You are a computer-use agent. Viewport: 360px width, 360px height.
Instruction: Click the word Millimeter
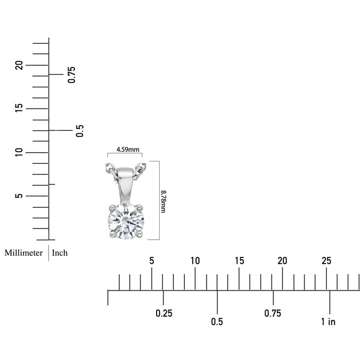(x=24, y=252)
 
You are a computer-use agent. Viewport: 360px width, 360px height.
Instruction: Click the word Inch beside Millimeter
(x=60, y=252)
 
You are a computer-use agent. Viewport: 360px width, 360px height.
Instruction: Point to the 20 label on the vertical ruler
(x=19, y=65)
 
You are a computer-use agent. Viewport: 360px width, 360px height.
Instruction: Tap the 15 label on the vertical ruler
(x=19, y=108)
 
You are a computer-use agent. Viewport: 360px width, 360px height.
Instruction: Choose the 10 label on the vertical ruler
(x=19, y=152)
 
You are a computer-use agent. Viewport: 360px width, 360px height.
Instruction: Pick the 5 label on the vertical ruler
(x=19, y=196)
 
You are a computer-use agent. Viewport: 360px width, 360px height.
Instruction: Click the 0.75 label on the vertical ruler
(x=72, y=74)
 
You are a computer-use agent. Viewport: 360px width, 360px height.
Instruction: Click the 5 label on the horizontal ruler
(x=152, y=261)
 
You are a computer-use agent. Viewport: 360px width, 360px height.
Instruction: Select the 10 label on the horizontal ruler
(x=195, y=261)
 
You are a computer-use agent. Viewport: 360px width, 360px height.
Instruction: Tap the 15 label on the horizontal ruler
(x=239, y=261)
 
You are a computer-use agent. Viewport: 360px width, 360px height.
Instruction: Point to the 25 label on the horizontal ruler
(x=326, y=261)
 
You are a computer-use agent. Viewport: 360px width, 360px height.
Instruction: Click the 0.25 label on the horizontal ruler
(x=164, y=313)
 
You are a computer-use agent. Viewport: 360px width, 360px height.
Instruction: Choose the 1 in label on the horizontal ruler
(x=328, y=322)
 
